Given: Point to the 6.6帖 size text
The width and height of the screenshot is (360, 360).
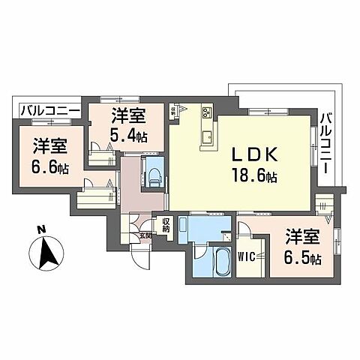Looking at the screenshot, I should (x=51, y=168).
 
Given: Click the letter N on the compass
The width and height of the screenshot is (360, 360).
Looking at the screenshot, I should (x=43, y=229).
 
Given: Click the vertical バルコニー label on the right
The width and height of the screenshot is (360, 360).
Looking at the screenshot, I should (x=327, y=142).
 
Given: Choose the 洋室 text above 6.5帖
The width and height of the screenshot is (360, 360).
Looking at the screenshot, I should (x=304, y=238).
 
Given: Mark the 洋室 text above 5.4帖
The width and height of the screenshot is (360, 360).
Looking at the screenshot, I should (x=126, y=116).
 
